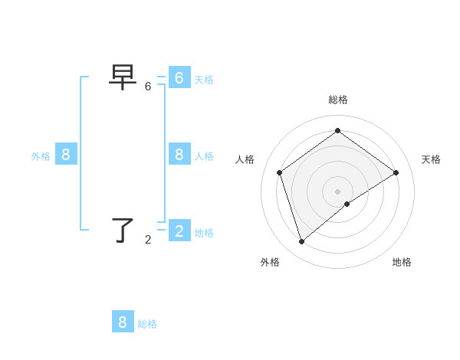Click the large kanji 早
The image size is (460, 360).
coord(123,77)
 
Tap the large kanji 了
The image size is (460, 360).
coord(123,230)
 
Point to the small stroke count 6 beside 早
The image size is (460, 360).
coord(148,87)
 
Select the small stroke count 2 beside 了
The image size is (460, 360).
coord(148,240)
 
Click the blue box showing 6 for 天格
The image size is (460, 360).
coord(179,77)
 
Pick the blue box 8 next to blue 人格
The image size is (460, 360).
coord(179,154)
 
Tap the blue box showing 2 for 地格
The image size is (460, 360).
coord(179,231)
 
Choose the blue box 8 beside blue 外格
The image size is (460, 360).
coord(65,154)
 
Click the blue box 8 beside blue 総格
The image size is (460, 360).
coord(123,322)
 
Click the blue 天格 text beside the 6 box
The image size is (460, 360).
coord(204,80)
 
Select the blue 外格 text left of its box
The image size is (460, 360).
coord(41,156)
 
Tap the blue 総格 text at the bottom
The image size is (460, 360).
coord(147,324)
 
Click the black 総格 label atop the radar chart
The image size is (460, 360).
coord(337,100)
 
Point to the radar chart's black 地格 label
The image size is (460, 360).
coord(402,262)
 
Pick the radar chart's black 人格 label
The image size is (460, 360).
coord(245,159)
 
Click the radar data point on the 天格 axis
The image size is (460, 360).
coord(396,172)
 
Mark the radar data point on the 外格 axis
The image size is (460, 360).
coord(302,241)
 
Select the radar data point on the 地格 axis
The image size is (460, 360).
coord(347,204)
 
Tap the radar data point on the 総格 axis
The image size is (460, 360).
coord(337,131)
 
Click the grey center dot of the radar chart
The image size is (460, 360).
coord(337,191)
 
